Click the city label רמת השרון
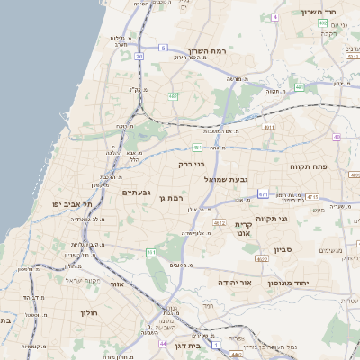pos(210,52)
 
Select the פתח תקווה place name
pos(306,167)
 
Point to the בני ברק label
pos(192,165)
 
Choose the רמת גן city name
pos(169,198)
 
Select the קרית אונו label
pos(243,229)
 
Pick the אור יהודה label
pos(235,283)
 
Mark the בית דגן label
pos(186,346)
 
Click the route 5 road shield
pos(163,47)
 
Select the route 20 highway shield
pos(139,56)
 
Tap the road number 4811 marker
pos(268,128)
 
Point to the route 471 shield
pos(263,193)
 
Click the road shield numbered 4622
pos(262,259)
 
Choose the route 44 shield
pos(163,343)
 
